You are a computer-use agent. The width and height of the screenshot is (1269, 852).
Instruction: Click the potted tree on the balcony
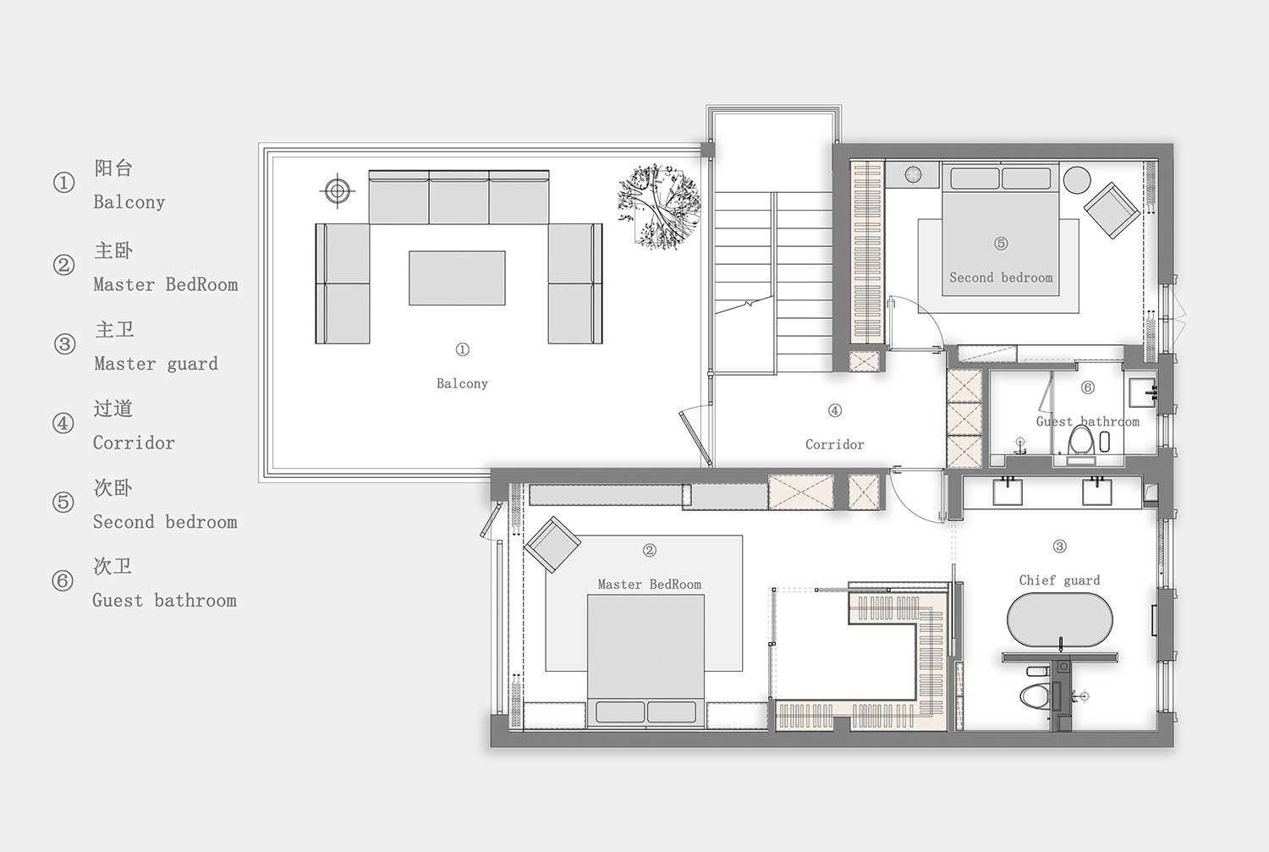click(x=659, y=207)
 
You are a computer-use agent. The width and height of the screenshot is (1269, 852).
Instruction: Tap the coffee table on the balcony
click(x=457, y=278)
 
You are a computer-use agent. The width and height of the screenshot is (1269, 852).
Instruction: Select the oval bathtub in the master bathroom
click(x=1059, y=620)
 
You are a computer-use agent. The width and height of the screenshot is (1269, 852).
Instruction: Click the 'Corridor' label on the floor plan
click(x=834, y=445)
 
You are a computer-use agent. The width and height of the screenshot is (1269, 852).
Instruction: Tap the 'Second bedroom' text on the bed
click(x=1001, y=278)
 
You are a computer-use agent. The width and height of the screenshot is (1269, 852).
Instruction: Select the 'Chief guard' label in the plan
click(x=1059, y=580)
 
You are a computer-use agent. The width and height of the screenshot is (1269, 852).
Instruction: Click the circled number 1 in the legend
click(x=64, y=183)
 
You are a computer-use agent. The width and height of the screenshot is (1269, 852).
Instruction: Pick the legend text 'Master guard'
click(x=156, y=364)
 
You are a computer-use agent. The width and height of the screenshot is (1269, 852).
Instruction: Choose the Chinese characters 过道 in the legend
click(x=113, y=408)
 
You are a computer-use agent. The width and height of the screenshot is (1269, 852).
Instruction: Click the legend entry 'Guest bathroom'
click(x=164, y=601)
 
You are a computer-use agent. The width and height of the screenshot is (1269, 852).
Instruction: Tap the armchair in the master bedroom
click(x=552, y=543)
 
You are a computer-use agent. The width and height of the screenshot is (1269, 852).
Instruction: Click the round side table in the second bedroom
click(x=1077, y=179)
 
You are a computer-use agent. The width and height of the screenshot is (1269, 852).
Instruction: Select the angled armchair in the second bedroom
click(x=1112, y=210)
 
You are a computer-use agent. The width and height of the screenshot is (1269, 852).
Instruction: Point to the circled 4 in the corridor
click(x=834, y=410)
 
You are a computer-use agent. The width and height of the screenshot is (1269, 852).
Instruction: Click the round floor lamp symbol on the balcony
click(x=338, y=191)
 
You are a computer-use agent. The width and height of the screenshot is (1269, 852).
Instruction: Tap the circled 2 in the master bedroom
click(x=649, y=550)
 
